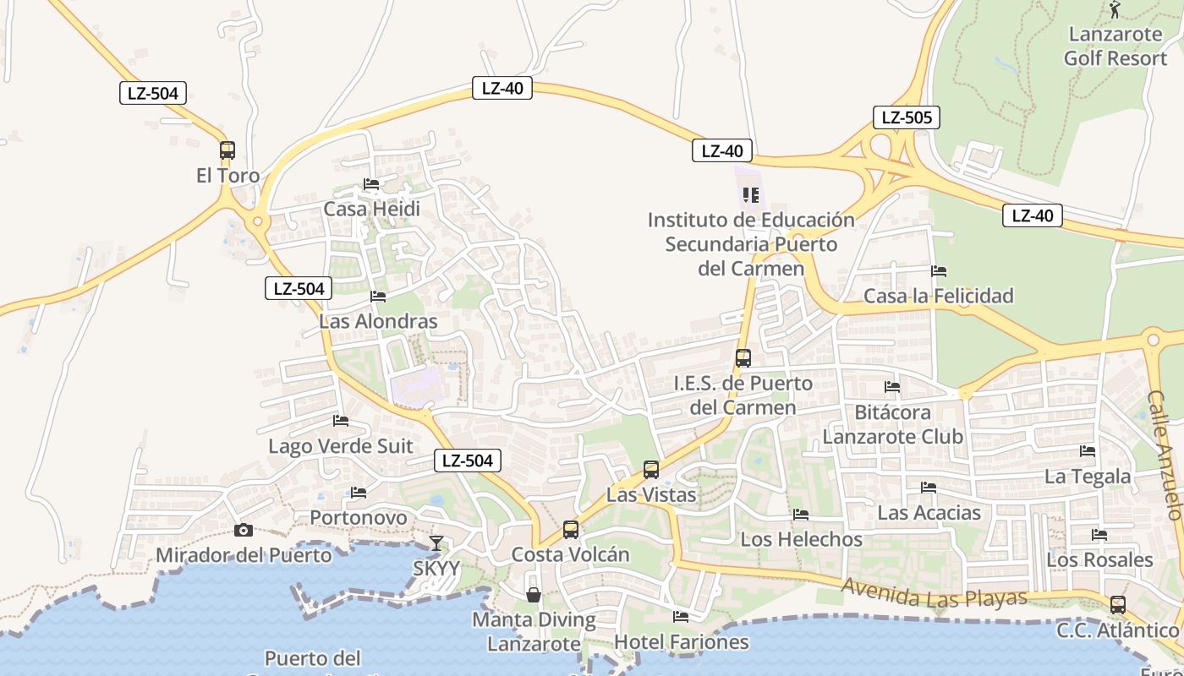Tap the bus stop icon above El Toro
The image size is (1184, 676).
227,150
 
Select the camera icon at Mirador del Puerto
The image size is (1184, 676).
244,530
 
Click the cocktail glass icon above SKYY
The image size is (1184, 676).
436,543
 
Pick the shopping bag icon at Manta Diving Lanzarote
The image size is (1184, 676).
534,595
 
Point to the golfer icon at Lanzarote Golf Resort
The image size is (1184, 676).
1115,10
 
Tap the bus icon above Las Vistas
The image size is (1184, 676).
650,470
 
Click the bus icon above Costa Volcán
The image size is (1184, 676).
571,530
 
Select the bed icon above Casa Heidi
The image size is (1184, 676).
371,183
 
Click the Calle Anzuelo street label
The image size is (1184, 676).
1165,455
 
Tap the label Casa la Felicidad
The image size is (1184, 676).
938,296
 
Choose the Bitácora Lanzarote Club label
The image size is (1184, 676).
892,425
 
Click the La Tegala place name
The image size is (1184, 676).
1087,477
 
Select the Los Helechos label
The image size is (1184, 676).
802,539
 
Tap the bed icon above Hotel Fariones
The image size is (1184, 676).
681,616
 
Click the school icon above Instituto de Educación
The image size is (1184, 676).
750,195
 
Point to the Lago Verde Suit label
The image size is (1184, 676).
341,446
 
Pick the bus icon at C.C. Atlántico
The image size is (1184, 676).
1117,605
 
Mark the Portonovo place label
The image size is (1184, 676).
358,517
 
